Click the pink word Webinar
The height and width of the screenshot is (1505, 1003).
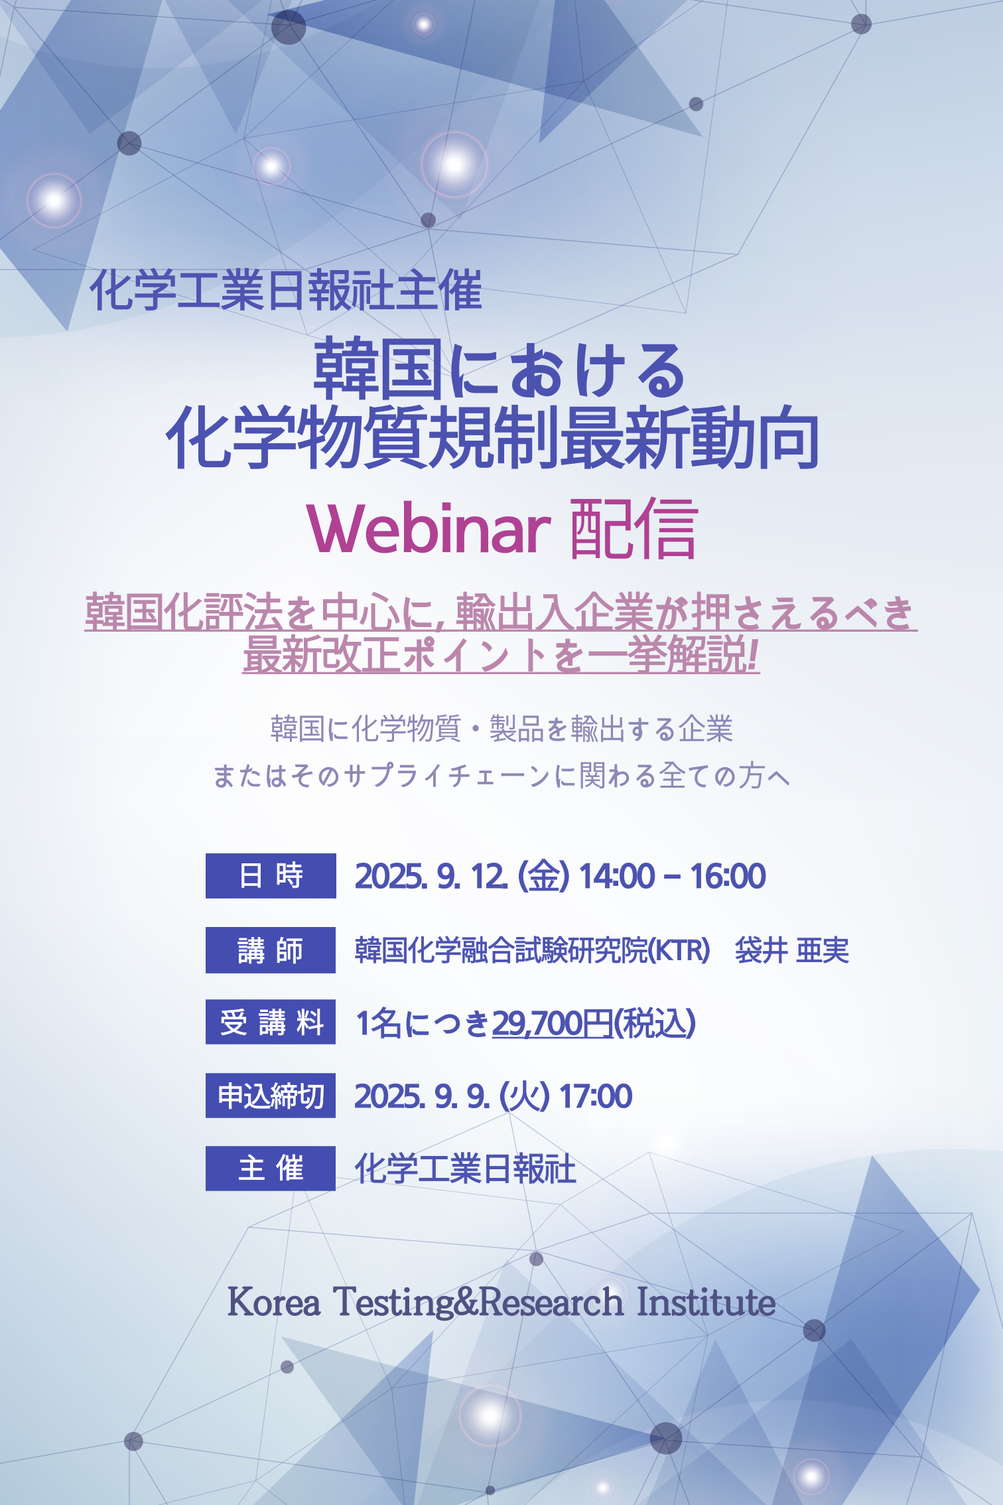[429, 528]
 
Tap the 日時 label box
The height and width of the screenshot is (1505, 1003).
[271, 876]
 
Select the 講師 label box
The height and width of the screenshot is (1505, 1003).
[271, 950]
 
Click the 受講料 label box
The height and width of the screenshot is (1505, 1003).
[271, 1022]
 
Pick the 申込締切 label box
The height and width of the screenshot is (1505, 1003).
[271, 1096]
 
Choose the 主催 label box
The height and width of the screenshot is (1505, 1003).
[271, 1169]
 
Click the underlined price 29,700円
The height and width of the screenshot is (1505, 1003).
[552, 1023]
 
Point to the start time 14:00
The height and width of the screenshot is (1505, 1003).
[617, 876]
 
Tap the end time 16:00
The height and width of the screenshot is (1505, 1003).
[728, 876]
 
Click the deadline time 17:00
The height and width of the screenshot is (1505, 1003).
[596, 1096]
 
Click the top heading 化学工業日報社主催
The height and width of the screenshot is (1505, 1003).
[287, 290]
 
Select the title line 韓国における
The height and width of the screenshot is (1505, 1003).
[500, 370]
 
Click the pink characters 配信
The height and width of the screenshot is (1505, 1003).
[634, 528]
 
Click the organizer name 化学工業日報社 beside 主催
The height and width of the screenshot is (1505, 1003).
[465, 1169]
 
